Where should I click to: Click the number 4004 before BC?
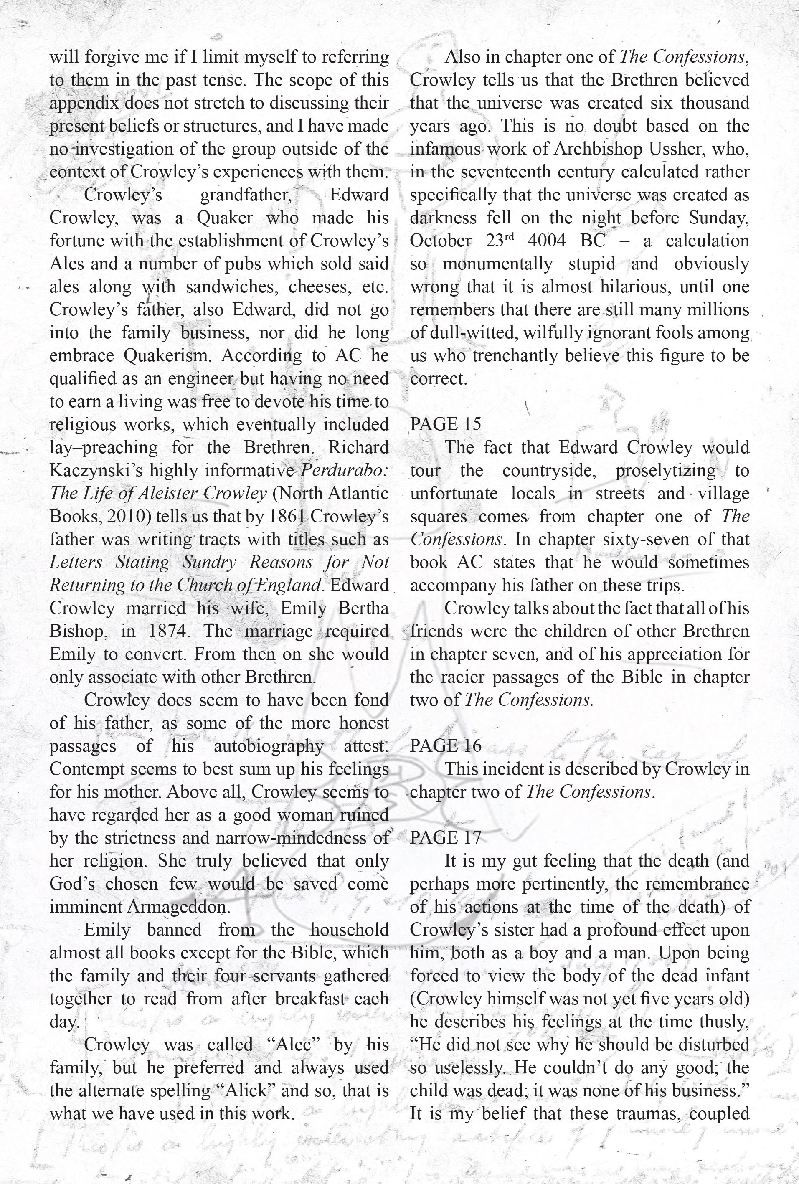(546, 241)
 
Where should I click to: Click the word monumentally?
(497, 264)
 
